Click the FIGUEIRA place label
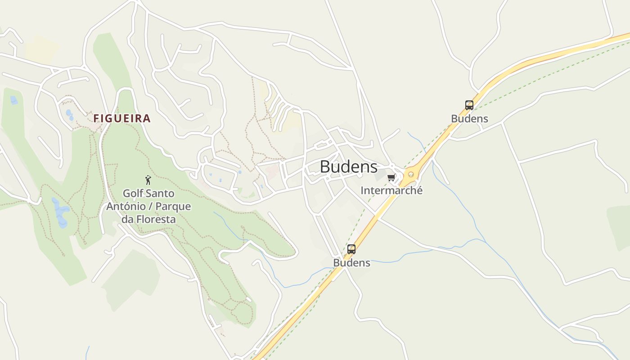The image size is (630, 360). click(x=122, y=118)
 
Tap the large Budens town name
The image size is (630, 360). click(x=348, y=166)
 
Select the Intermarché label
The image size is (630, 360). click(x=391, y=190)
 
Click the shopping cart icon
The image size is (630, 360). click(x=391, y=178)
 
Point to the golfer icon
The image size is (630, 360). click(x=148, y=180)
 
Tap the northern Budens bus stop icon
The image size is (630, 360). click(x=469, y=105)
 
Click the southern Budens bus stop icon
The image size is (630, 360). click(x=351, y=249)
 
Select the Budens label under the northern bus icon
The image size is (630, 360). click(x=469, y=119)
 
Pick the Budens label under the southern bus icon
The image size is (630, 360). click(x=351, y=263)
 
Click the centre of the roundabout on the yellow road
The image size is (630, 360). click(x=410, y=174)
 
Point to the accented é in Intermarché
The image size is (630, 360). click(x=419, y=190)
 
